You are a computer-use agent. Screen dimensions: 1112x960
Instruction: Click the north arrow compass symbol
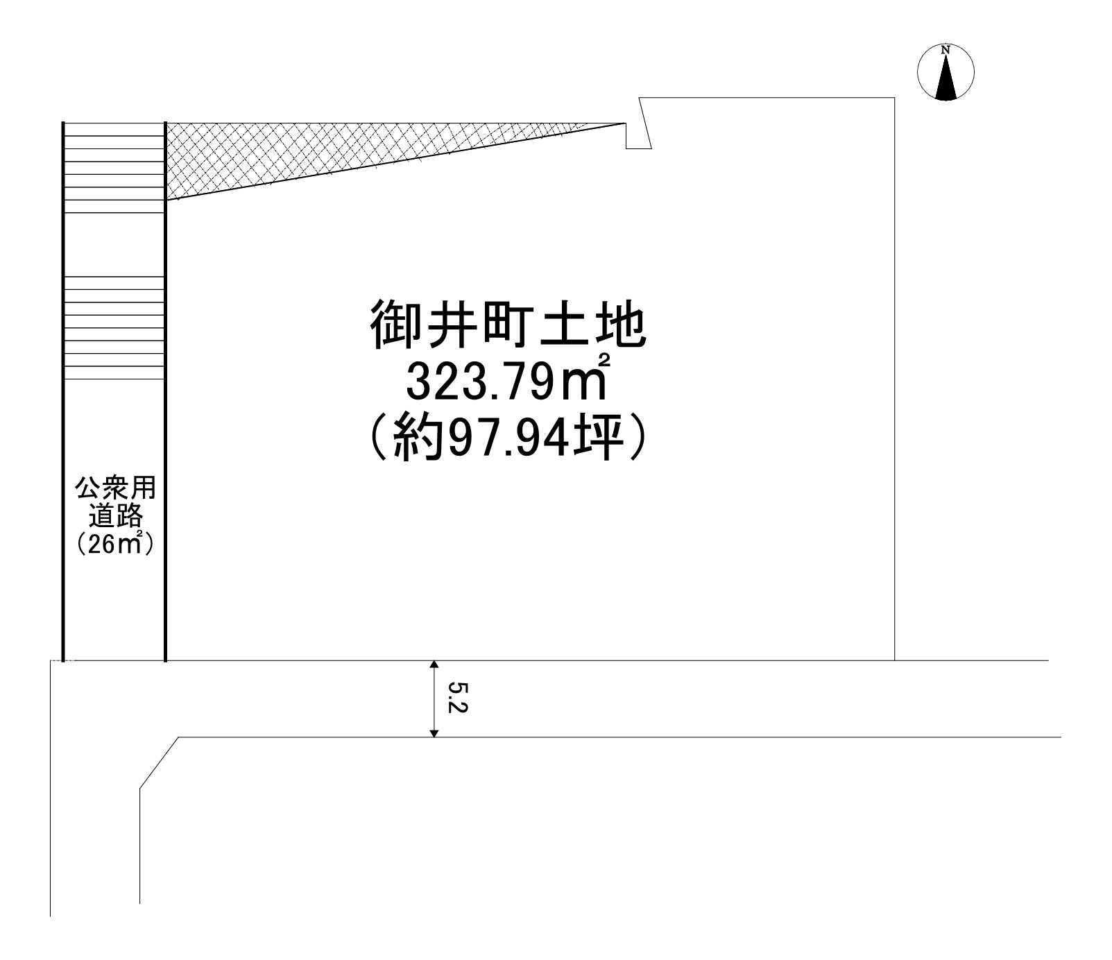pos(946,72)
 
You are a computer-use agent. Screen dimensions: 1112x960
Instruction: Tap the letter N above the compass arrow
pos(946,50)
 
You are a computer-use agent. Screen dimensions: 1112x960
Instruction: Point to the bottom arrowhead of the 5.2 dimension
pos(434,732)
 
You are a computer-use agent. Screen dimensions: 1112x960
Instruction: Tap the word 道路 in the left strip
pos(115,516)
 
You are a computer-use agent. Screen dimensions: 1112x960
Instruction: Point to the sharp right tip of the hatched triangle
pos(625,123)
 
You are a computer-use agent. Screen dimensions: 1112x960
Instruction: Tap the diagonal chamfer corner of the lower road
pos(160,762)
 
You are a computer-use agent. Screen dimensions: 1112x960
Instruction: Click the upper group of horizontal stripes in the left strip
pos(114,167)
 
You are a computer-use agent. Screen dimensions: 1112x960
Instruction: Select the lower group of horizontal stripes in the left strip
pos(114,328)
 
